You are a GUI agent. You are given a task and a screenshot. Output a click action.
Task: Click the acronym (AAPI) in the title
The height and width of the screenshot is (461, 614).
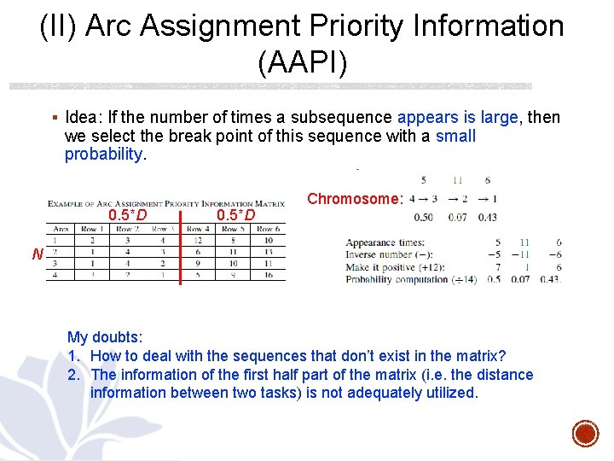point(301,62)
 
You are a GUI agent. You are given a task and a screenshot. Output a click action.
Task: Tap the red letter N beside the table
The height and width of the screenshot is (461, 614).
point(38,254)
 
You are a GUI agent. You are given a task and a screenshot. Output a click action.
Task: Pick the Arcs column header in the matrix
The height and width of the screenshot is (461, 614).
point(61,229)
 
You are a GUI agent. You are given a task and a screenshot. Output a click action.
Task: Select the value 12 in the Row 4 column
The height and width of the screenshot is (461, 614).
point(197,241)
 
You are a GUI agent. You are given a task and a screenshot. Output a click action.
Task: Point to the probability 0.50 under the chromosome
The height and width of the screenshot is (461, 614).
point(423,217)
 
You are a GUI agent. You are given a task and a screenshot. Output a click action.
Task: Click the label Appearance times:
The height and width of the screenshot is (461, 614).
point(383,242)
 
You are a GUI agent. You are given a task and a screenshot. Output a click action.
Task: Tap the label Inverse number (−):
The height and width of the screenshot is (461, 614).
point(389,254)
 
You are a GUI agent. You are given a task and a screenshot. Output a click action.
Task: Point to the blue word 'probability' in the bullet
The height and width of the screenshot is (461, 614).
point(103,155)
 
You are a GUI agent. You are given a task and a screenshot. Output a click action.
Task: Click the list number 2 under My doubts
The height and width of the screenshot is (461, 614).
point(73,375)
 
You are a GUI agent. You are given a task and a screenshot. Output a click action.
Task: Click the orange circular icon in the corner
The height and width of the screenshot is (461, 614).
point(585,433)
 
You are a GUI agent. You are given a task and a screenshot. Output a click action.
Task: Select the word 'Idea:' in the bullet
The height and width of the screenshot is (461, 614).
point(82,118)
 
